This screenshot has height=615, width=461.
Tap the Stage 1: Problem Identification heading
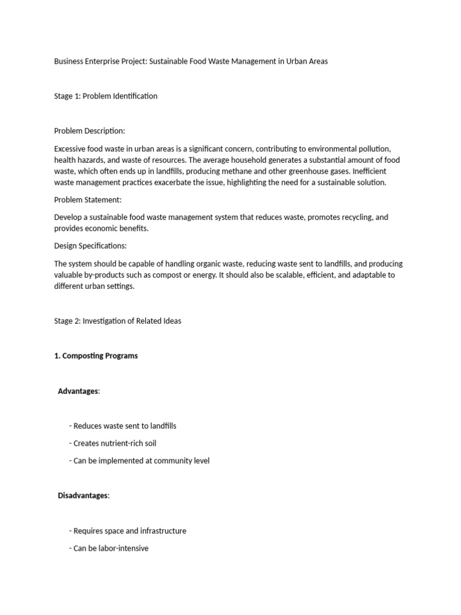click(x=106, y=96)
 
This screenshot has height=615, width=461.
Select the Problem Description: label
click(x=89, y=131)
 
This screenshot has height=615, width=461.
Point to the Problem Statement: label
click(x=88, y=199)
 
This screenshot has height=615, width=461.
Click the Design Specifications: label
click(x=91, y=246)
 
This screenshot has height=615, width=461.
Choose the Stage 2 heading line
click(x=118, y=321)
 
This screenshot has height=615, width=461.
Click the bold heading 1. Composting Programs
click(x=96, y=356)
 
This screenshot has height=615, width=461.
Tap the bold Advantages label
click(x=78, y=391)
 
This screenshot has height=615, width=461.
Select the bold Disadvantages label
click(x=83, y=495)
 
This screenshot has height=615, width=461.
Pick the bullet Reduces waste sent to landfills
click(x=123, y=426)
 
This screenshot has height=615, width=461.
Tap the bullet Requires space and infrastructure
click(x=128, y=531)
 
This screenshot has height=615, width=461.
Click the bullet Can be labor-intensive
click(x=109, y=548)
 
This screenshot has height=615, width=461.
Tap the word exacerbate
click(x=182, y=182)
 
